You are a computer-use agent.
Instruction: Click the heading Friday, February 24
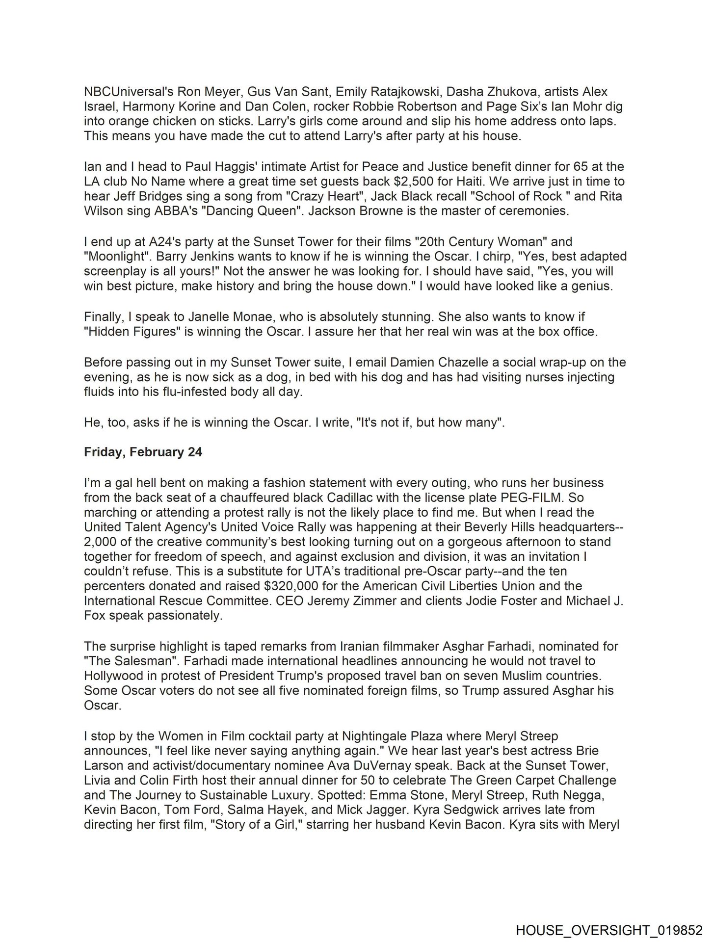click(x=143, y=452)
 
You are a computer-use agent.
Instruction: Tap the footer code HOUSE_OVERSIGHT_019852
click(x=609, y=929)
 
